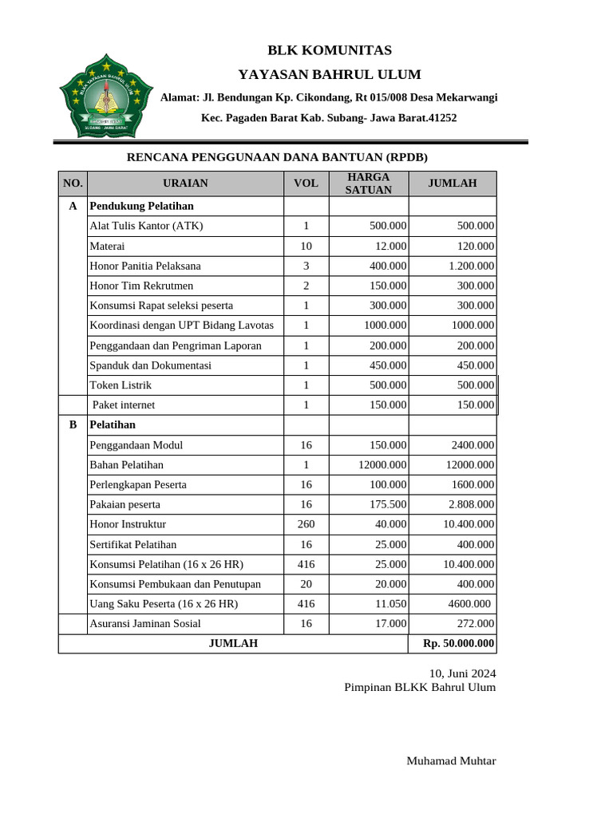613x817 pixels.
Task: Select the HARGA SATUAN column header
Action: pyautogui.click(x=368, y=184)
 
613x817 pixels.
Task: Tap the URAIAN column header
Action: pyautogui.click(x=185, y=184)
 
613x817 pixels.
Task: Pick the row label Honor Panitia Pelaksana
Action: pyautogui.click(x=145, y=266)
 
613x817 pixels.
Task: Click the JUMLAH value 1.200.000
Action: pyautogui.click(x=471, y=266)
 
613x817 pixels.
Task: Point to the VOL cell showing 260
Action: pyautogui.click(x=306, y=524)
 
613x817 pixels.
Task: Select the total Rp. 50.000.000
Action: pyautogui.click(x=453, y=643)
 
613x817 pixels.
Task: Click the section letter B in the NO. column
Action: pyautogui.click(x=73, y=425)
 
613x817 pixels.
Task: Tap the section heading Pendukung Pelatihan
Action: pyautogui.click(x=142, y=206)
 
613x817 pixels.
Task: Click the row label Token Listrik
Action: pyautogui.click(x=121, y=385)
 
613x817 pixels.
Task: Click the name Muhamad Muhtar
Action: pyautogui.click(x=451, y=760)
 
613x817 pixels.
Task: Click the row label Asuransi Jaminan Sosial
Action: pyautogui.click(x=145, y=623)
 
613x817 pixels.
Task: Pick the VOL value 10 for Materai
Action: pyautogui.click(x=306, y=246)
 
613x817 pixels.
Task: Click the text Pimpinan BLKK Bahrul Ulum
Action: pyautogui.click(x=420, y=687)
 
